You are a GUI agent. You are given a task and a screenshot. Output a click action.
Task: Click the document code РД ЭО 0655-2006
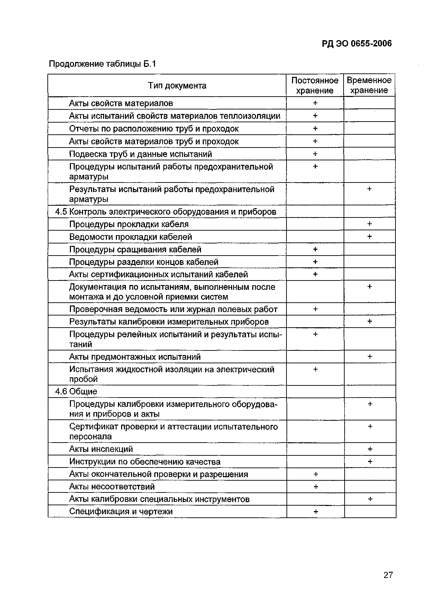[356, 44]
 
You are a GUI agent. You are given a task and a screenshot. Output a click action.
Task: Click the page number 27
[388, 575]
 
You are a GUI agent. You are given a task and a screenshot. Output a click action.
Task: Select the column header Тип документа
[177, 86]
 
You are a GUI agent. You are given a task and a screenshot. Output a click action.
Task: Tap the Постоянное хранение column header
[315, 86]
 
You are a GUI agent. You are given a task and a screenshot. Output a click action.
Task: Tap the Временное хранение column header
[369, 86]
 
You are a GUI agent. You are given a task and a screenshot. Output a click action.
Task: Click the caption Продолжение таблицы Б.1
[102, 64]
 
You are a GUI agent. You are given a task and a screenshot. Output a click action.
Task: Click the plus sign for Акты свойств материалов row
[315, 103]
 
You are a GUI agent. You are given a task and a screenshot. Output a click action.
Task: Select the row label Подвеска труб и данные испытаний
[140, 154]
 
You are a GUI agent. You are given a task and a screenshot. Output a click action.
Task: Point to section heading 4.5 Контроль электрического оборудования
[166, 212]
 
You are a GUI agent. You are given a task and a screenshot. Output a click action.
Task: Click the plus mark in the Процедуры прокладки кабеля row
[370, 224]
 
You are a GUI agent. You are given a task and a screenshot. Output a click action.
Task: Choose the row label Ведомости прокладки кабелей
[130, 237]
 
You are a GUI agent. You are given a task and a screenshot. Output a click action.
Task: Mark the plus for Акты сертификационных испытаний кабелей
[315, 274]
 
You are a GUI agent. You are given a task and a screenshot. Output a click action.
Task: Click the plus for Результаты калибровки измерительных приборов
[370, 322]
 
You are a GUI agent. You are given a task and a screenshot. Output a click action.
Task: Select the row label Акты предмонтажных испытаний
[135, 357]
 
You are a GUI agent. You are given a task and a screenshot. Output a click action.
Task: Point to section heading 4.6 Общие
[76, 391]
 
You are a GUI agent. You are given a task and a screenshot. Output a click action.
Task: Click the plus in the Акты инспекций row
[370, 449]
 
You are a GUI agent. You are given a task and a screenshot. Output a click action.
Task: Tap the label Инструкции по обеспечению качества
[145, 462]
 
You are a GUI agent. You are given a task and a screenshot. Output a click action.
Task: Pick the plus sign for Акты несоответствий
[315, 487]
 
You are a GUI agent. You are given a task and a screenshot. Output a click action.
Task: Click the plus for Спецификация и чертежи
[315, 511]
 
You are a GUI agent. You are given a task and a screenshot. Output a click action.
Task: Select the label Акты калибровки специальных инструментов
[159, 499]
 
